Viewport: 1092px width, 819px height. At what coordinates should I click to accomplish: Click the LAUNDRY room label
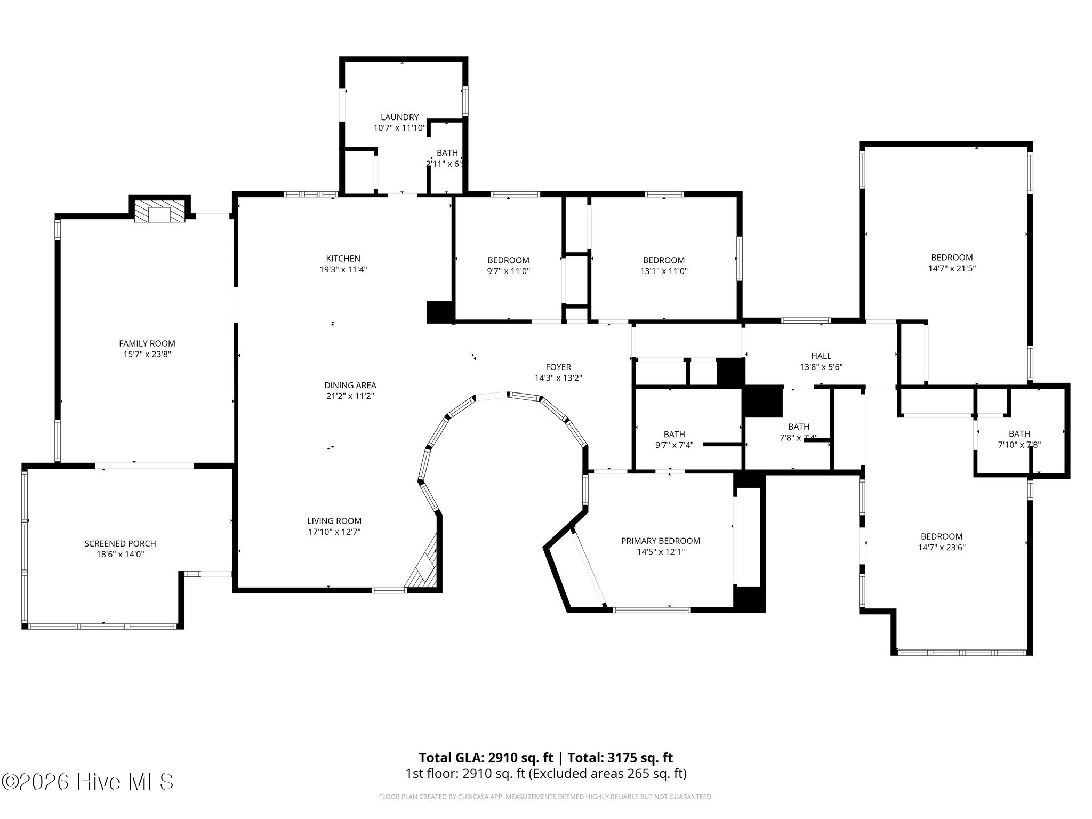click(x=399, y=117)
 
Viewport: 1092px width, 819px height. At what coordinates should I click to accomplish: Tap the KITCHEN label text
click(x=343, y=259)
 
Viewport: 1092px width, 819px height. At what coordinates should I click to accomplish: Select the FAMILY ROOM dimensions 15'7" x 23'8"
click(x=147, y=354)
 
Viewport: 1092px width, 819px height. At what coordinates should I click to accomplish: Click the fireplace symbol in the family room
click(x=159, y=214)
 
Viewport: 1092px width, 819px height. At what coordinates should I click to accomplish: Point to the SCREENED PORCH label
click(x=120, y=543)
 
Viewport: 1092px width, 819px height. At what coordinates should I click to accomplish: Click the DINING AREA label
click(x=350, y=385)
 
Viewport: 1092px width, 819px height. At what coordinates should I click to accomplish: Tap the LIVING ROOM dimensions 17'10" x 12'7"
click(x=334, y=532)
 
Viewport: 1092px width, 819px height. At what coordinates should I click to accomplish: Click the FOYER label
click(x=558, y=367)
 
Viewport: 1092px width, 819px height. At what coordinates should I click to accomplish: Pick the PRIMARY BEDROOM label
click(x=660, y=541)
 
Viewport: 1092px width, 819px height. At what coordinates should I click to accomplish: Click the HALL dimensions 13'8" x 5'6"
click(x=821, y=367)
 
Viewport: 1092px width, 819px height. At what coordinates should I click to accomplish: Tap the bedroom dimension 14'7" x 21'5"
click(x=951, y=269)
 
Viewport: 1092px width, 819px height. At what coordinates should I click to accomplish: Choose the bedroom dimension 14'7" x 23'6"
click(x=941, y=547)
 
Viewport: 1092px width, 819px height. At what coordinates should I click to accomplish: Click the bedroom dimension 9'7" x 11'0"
click(x=508, y=271)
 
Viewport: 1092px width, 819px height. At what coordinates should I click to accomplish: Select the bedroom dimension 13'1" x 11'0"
click(x=663, y=271)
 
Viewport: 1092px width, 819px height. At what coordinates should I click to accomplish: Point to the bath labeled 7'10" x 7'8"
click(x=1019, y=444)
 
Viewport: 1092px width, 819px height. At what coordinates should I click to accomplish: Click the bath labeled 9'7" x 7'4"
click(x=674, y=445)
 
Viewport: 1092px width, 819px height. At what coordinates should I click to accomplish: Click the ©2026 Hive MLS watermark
click(x=87, y=782)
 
